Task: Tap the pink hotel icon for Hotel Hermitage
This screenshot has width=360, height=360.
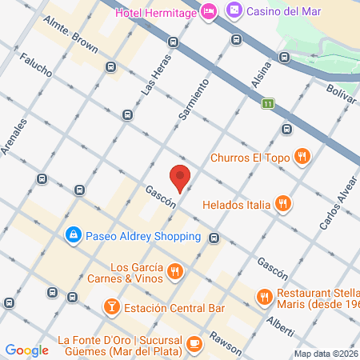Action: tap(209, 11)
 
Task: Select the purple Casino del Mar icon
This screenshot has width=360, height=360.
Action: tap(234, 11)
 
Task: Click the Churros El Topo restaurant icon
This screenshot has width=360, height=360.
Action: tap(302, 157)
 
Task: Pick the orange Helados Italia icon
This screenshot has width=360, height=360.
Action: tap(282, 204)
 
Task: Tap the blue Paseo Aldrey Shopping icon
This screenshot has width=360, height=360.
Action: tap(73, 235)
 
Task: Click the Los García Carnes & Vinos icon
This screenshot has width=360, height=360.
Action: tap(175, 273)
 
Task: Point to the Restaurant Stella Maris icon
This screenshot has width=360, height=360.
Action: tap(265, 298)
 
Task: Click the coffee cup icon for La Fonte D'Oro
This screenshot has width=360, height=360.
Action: tap(194, 343)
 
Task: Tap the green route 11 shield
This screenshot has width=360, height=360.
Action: tap(268, 103)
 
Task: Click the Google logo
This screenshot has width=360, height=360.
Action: tap(26, 350)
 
